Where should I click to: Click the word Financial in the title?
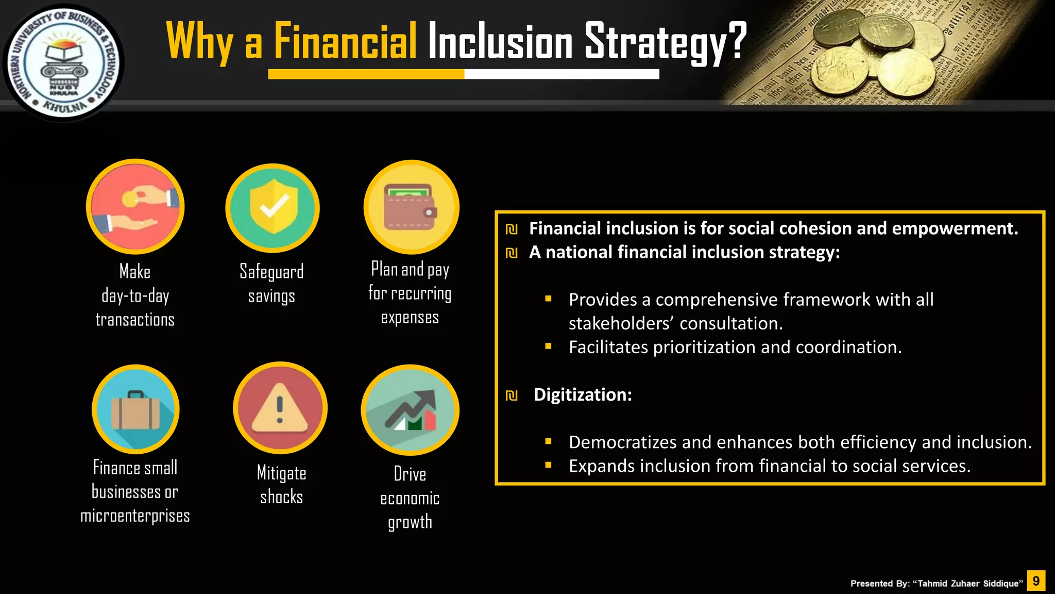click(x=345, y=41)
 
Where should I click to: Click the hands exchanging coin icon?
click(x=135, y=207)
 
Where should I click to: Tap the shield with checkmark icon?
click(x=273, y=208)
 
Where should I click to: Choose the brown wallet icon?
click(x=411, y=207)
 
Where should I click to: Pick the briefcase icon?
click(x=135, y=409)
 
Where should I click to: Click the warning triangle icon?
click(x=280, y=408)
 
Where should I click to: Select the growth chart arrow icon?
click(x=411, y=410)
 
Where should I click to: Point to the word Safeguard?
click(x=271, y=272)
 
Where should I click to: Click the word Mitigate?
click(x=281, y=473)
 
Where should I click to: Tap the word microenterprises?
click(x=135, y=516)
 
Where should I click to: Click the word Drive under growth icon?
click(x=410, y=474)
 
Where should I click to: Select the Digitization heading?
click(x=583, y=394)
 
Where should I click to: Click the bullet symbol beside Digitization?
click(x=512, y=395)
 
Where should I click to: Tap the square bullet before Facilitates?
click(x=548, y=346)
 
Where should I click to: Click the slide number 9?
click(x=1036, y=581)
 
